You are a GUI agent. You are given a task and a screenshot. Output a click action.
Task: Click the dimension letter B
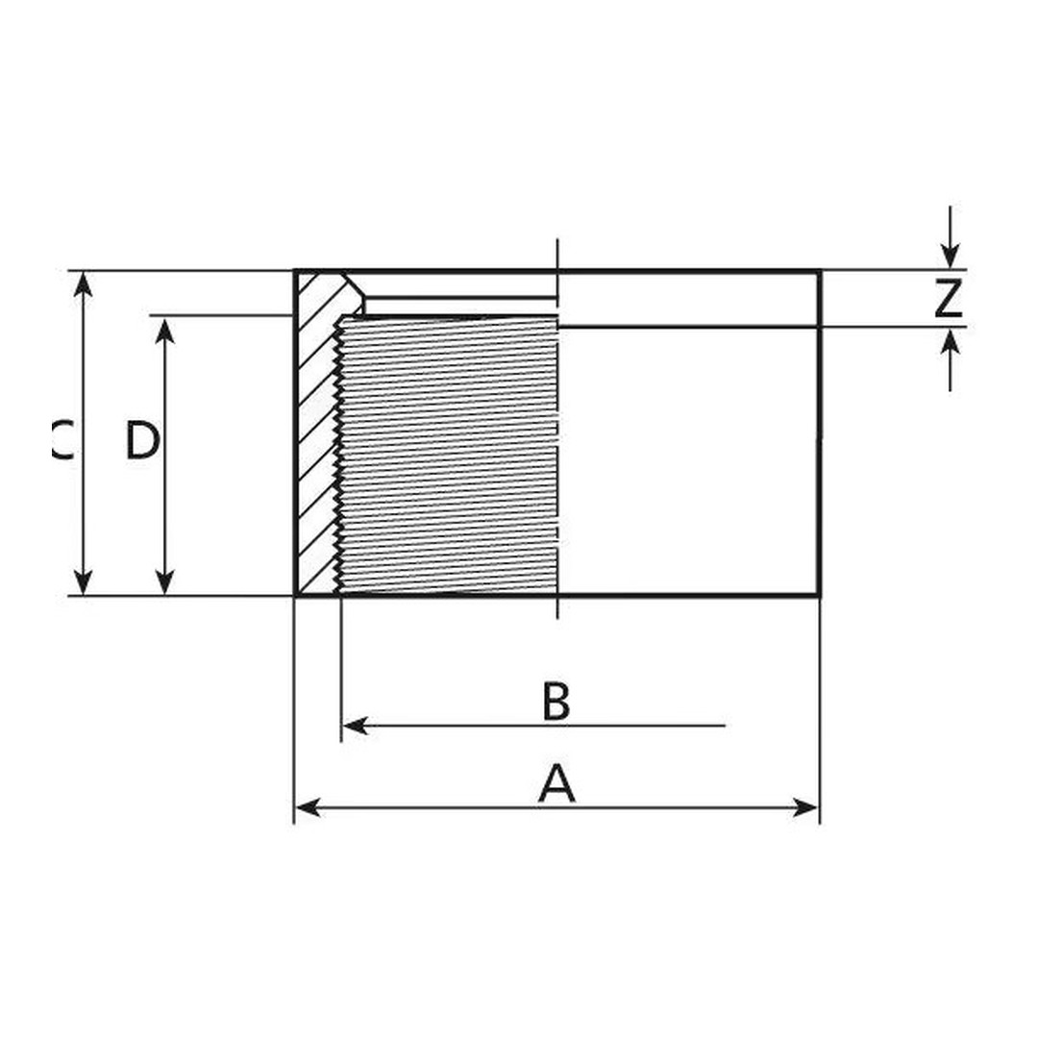coord(556,702)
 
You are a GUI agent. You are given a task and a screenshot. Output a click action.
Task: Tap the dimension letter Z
coord(948,300)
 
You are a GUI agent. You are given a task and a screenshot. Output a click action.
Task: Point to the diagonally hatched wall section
coord(315,442)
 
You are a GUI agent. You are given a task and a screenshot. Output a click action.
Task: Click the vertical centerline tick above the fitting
coord(557,252)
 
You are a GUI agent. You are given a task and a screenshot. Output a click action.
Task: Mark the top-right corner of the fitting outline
coord(820,272)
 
